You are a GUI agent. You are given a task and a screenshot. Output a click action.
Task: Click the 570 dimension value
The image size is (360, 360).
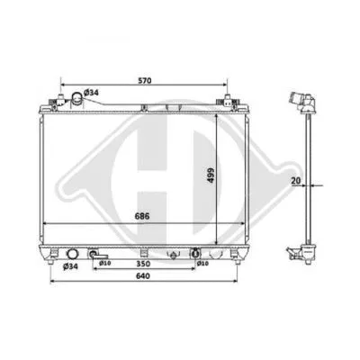pyautogui.click(x=144, y=80)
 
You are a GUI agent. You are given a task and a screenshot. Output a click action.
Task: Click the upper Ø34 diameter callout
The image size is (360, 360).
pyautogui.click(x=91, y=93)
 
